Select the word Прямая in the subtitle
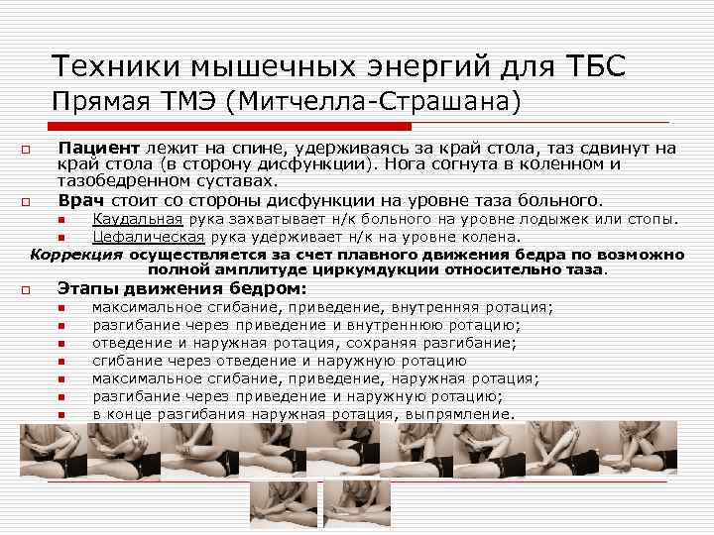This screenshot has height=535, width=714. point(99,102)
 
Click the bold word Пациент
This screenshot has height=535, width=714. point(99,149)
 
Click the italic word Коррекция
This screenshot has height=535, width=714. point(76,254)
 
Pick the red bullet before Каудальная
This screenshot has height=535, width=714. point(60,220)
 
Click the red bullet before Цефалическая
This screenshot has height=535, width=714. point(60,238)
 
